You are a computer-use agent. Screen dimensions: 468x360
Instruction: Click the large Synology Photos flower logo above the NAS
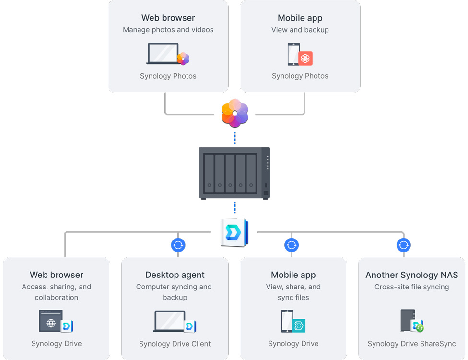[235, 113]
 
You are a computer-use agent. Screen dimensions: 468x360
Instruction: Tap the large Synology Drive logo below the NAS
[234, 233]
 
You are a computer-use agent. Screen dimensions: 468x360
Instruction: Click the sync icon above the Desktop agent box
[178, 245]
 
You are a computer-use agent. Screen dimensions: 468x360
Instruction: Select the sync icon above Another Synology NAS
[404, 245]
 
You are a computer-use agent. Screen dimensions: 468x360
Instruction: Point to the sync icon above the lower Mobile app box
[292, 245]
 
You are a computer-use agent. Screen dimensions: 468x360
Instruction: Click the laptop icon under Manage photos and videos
[163, 53]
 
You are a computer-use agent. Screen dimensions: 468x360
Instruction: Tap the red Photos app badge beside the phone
[305, 58]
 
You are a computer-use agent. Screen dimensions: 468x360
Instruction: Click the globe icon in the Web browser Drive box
[51, 323]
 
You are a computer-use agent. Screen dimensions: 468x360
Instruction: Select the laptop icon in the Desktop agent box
[170, 321]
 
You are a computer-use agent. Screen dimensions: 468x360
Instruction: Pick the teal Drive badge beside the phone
[299, 325]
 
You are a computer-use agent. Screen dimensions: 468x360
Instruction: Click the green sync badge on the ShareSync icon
[420, 328]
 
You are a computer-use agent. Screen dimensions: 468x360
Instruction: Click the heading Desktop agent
[175, 275]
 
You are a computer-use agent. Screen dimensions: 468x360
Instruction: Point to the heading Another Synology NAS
[411, 275]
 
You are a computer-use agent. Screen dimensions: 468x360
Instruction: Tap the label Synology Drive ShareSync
[411, 344]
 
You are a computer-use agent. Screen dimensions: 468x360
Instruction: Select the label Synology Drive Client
[175, 344]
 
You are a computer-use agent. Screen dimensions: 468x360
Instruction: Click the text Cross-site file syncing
[411, 287]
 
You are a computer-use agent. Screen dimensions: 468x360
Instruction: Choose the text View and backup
[300, 30]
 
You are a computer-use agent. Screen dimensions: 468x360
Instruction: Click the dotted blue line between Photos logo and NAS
[235, 138]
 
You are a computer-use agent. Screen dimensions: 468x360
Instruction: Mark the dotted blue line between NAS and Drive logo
[235, 207]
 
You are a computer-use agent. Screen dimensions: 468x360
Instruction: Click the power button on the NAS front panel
[266, 192]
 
